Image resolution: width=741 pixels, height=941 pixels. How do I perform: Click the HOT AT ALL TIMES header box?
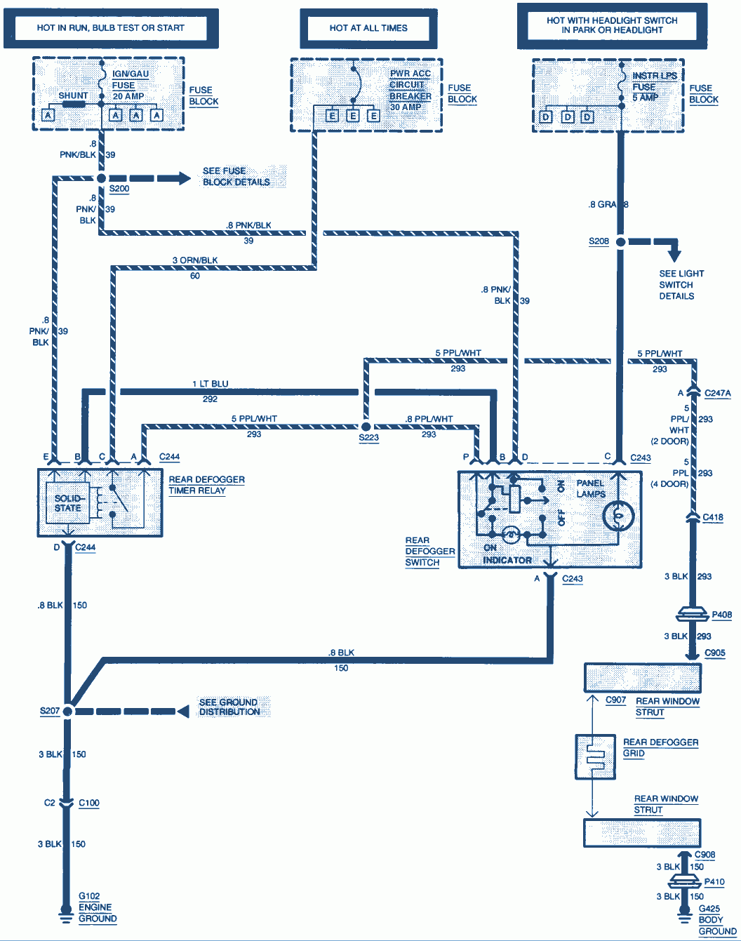click(x=368, y=28)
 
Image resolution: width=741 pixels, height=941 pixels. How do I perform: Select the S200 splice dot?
click(x=102, y=179)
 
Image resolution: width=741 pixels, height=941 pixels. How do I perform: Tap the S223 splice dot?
click(x=366, y=426)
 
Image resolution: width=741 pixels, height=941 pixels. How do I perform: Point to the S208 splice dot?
click(x=620, y=241)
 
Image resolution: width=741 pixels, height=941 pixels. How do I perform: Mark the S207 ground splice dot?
click(x=67, y=711)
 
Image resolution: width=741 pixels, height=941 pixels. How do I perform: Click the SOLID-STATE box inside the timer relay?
click(x=68, y=503)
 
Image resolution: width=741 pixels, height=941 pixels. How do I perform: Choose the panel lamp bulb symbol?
click(x=618, y=516)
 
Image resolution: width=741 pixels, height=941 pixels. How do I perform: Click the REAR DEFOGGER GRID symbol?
click(x=594, y=756)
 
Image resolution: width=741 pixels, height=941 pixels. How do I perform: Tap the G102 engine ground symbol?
click(x=65, y=915)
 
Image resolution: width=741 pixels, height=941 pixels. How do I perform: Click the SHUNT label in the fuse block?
click(x=73, y=95)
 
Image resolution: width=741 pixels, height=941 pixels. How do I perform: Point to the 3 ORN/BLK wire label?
click(x=195, y=260)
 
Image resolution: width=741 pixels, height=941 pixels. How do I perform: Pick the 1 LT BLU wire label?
click(x=211, y=384)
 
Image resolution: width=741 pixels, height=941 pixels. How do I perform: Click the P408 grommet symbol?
click(x=693, y=615)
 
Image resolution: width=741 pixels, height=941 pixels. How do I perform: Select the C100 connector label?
click(x=89, y=803)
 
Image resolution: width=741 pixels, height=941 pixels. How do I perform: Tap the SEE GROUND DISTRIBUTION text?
click(x=229, y=707)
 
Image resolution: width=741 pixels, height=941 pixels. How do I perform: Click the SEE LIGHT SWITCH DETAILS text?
click(x=681, y=285)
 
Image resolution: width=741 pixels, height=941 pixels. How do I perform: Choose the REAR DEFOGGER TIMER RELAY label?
click(x=206, y=485)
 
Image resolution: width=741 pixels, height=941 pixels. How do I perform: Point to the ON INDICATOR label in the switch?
click(x=507, y=554)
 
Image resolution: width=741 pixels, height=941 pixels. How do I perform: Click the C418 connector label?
click(x=713, y=517)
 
